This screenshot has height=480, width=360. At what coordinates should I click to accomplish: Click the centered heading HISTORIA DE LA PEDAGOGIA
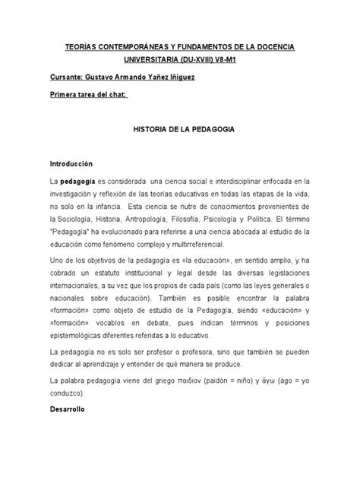(x=180, y=130)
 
